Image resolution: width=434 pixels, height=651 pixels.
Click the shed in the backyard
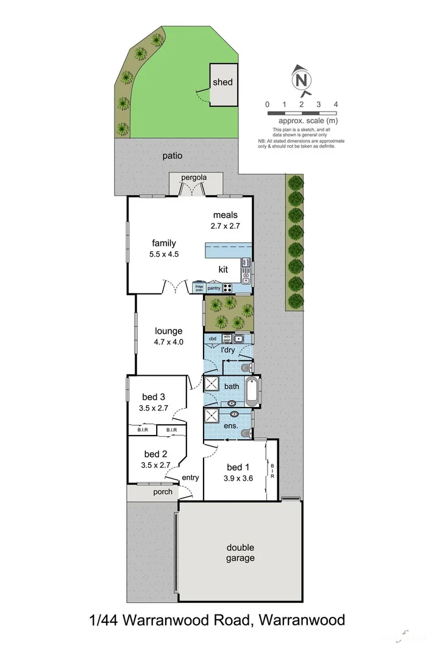(222, 83)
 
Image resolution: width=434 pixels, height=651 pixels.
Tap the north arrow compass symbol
(301, 79)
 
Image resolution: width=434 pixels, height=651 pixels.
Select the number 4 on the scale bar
(336, 104)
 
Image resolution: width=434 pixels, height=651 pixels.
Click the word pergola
(194, 178)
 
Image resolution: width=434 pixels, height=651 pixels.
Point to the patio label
(173, 156)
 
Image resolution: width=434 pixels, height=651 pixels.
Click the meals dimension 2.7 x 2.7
(225, 226)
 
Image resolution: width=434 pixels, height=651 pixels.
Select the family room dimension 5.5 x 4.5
(164, 254)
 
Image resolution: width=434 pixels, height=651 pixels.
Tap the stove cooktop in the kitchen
(228, 288)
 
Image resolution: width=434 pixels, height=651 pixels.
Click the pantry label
(213, 288)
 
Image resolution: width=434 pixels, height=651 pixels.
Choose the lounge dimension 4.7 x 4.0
(168, 342)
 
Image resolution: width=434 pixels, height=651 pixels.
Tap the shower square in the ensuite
(212, 416)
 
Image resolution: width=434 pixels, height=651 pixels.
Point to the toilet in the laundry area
(245, 368)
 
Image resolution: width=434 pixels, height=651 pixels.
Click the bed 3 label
(155, 397)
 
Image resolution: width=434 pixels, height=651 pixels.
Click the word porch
(163, 492)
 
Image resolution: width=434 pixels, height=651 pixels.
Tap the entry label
(190, 478)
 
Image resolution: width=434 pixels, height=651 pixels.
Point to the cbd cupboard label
(213, 338)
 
